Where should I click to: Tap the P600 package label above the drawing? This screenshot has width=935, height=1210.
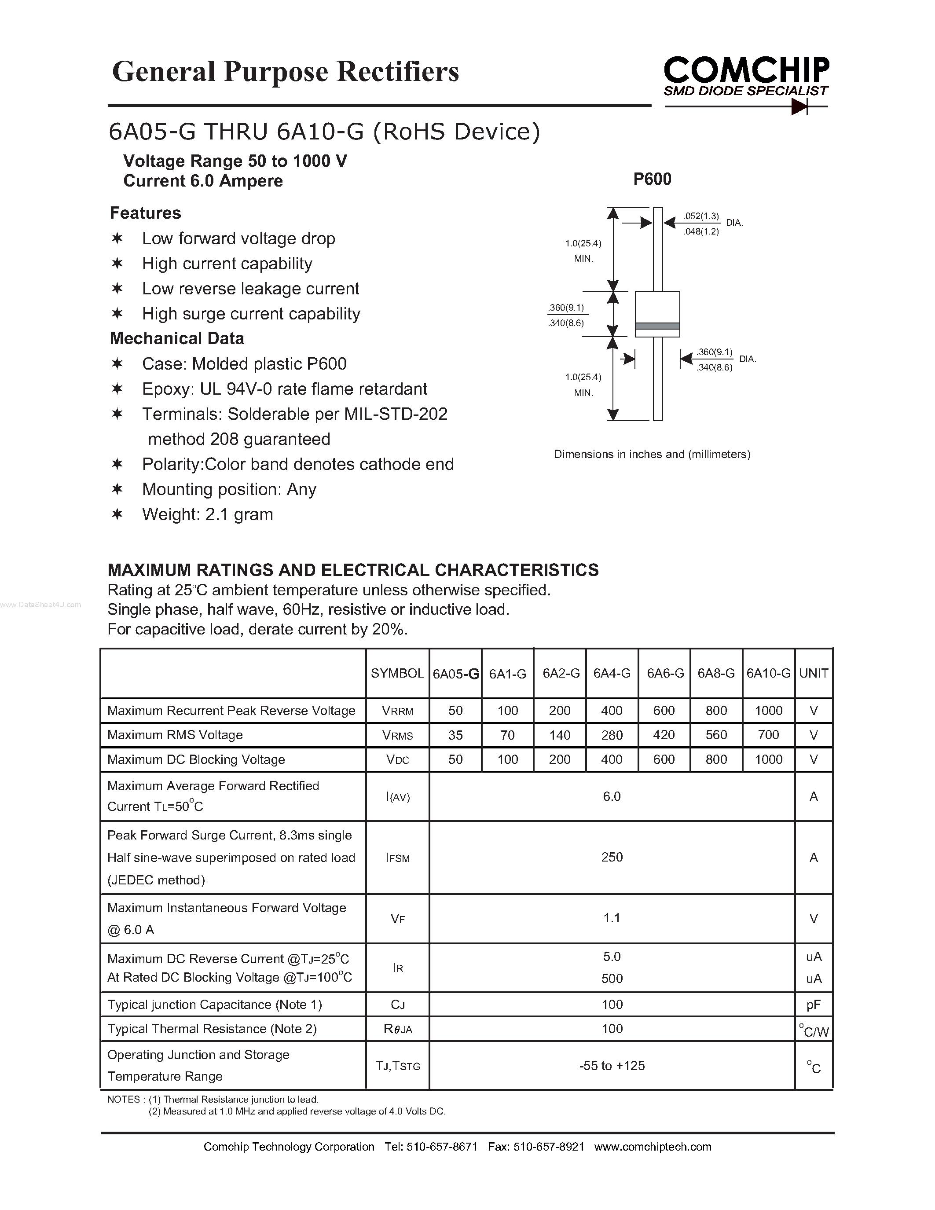pyautogui.click(x=652, y=179)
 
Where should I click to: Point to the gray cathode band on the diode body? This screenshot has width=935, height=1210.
pyautogui.click(x=657, y=326)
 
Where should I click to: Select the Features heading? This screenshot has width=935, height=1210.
pyautogui.click(x=145, y=213)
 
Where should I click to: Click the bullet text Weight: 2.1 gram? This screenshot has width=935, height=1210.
pyautogui.click(x=207, y=514)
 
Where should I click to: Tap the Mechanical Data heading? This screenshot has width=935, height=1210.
pyautogui.click(x=177, y=338)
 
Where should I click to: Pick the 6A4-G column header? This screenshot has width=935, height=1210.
pyautogui.click(x=612, y=673)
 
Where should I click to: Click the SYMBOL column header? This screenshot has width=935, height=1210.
pyautogui.click(x=397, y=673)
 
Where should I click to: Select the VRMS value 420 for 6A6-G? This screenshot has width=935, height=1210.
pyautogui.click(x=664, y=735)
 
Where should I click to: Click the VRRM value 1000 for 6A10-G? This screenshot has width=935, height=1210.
pyautogui.click(x=768, y=710)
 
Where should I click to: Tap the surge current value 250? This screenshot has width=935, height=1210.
pyautogui.click(x=612, y=857)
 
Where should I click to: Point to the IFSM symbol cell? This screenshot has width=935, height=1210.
pyautogui.click(x=397, y=858)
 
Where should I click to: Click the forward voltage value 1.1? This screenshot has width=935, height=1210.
pyautogui.click(x=612, y=918)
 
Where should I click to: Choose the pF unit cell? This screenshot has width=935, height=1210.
pyautogui.click(x=813, y=1005)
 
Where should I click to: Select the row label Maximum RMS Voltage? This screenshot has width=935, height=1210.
pyautogui.click(x=175, y=735)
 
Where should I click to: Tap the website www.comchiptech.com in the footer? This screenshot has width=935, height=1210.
pyautogui.click(x=653, y=1147)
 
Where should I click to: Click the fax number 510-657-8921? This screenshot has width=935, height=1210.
pyautogui.click(x=548, y=1147)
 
